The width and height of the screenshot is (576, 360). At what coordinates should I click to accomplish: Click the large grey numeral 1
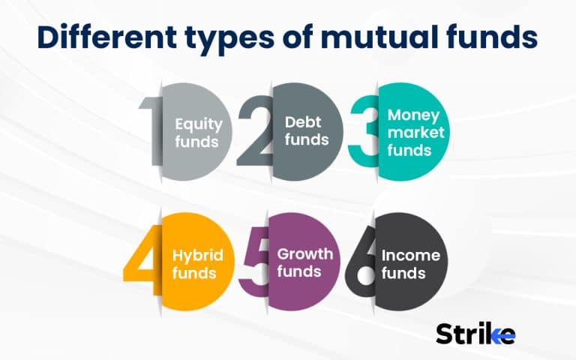point(151,124)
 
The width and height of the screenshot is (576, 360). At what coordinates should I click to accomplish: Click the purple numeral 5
point(253,255)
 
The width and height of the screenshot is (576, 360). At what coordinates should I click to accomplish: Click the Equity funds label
point(197,131)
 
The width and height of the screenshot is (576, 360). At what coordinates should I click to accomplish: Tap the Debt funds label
point(306,129)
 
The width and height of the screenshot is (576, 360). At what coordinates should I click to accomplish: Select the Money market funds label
point(414,132)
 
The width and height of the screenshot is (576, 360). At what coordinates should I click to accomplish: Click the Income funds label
point(411,263)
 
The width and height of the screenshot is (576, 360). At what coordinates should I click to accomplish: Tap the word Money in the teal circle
point(414,115)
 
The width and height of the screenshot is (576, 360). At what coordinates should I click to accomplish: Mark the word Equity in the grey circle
point(197,123)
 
